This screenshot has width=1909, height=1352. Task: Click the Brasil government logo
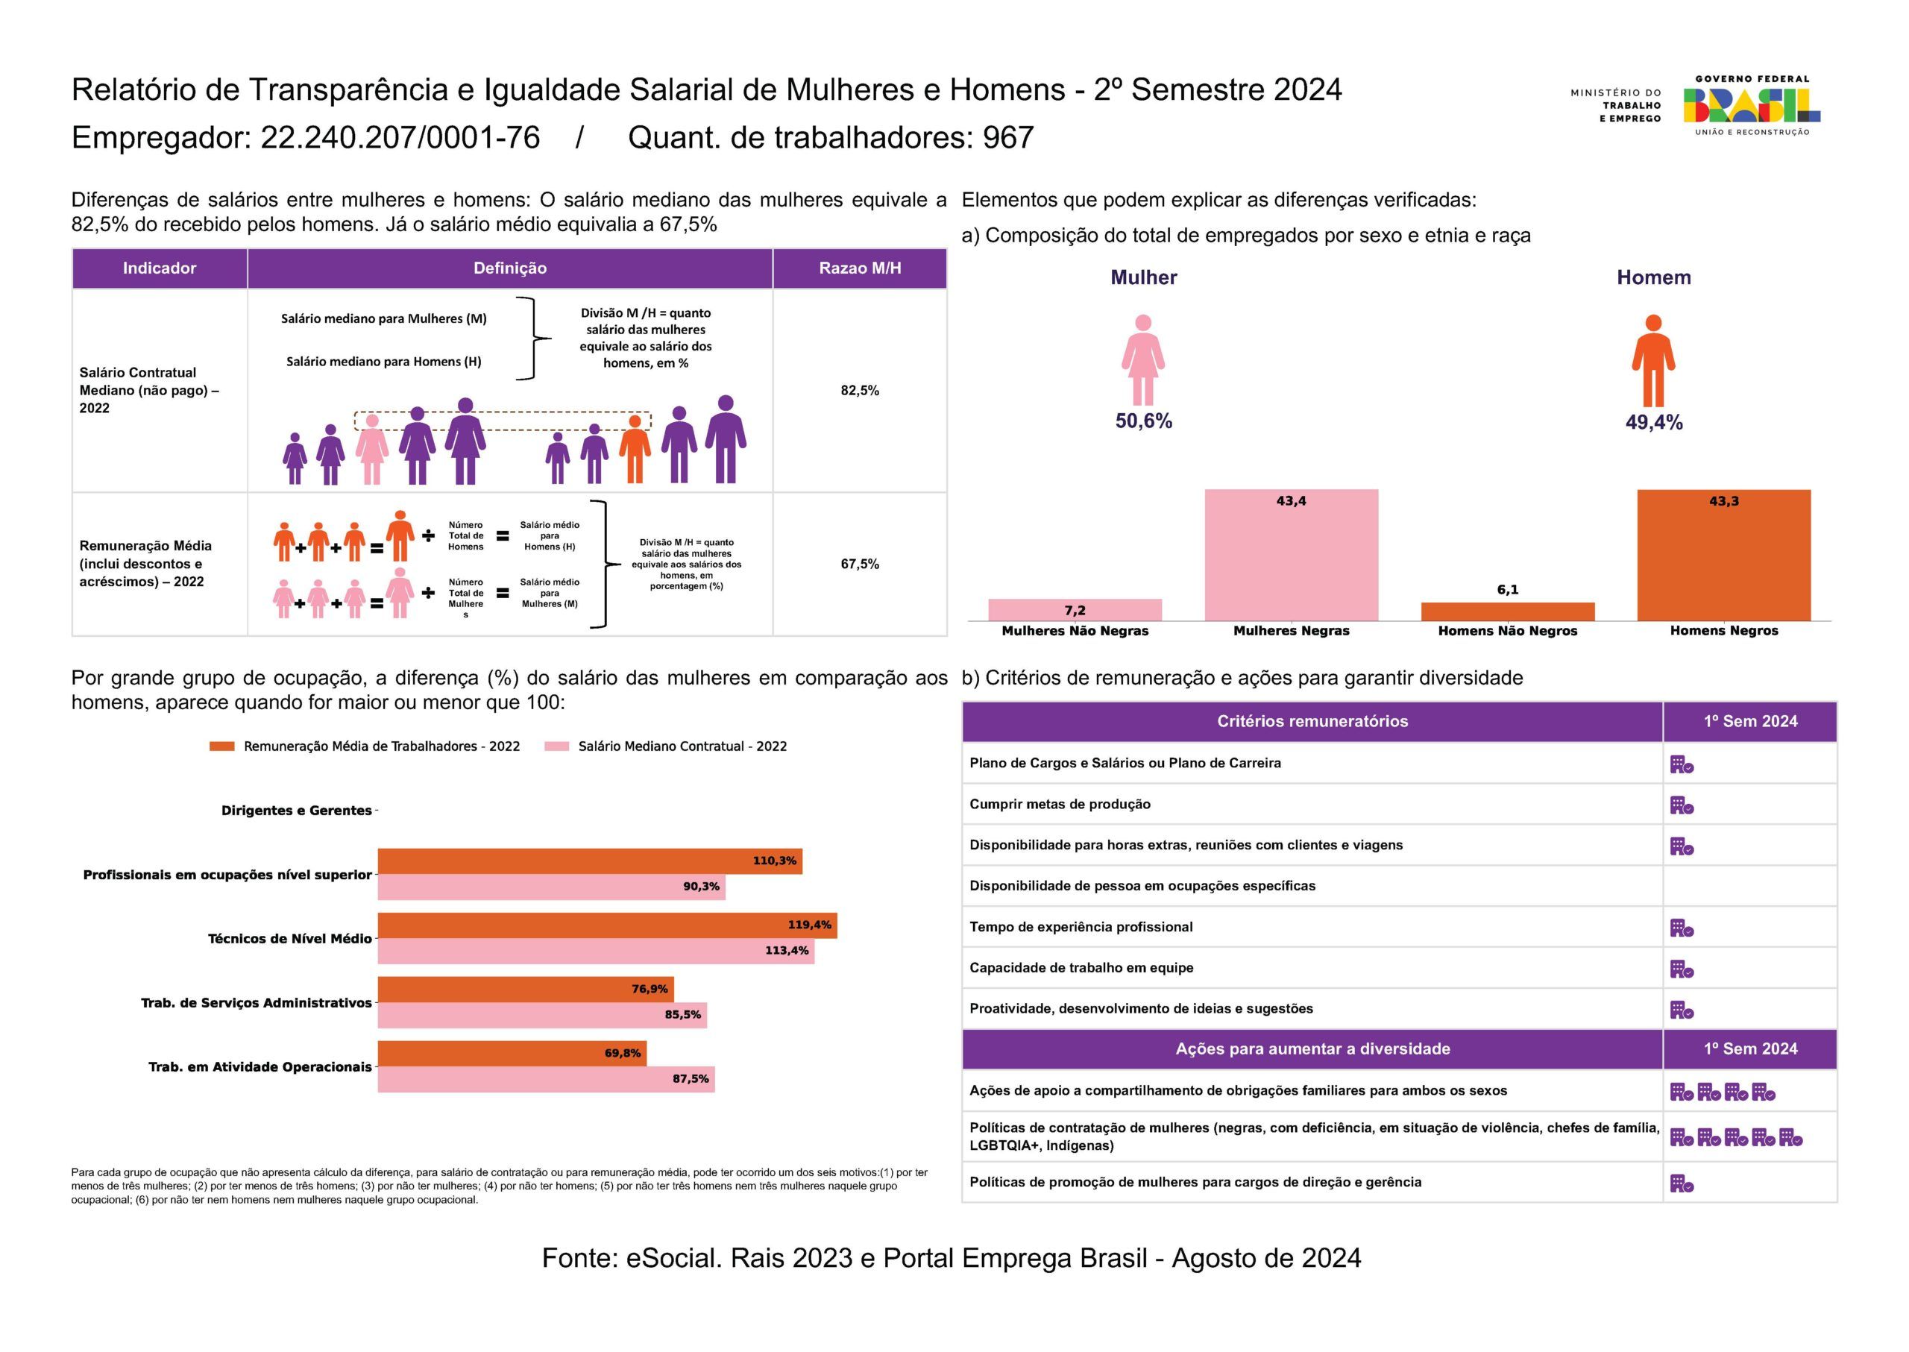click(1752, 106)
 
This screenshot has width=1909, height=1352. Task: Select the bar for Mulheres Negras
click(1292, 556)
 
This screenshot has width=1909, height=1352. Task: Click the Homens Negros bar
click(1723, 556)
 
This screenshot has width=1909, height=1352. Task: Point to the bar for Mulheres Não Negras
click(1075, 610)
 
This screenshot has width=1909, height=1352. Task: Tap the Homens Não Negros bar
click(1508, 612)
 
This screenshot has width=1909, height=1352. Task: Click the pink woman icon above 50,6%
click(1143, 359)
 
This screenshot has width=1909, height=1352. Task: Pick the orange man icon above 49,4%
click(1653, 360)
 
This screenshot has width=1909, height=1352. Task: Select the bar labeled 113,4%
click(596, 951)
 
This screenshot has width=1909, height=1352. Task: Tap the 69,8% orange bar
click(512, 1054)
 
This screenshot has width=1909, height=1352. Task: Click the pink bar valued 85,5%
click(542, 1015)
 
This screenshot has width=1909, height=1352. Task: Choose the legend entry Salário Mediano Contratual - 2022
click(665, 746)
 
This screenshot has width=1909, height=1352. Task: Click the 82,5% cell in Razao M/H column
click(860, 391)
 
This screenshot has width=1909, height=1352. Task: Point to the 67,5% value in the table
click(860, 565)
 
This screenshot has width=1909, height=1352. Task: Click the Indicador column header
click(160, 268)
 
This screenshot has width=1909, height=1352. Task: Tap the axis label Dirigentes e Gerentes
click(296, 811)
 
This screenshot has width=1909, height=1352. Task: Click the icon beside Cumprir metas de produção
click(1682, 805)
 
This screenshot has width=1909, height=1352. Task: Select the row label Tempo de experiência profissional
click(1081, 928)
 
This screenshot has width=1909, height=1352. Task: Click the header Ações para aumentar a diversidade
click(1313, 1049)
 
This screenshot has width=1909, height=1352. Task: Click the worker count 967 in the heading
click(1008, 138)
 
